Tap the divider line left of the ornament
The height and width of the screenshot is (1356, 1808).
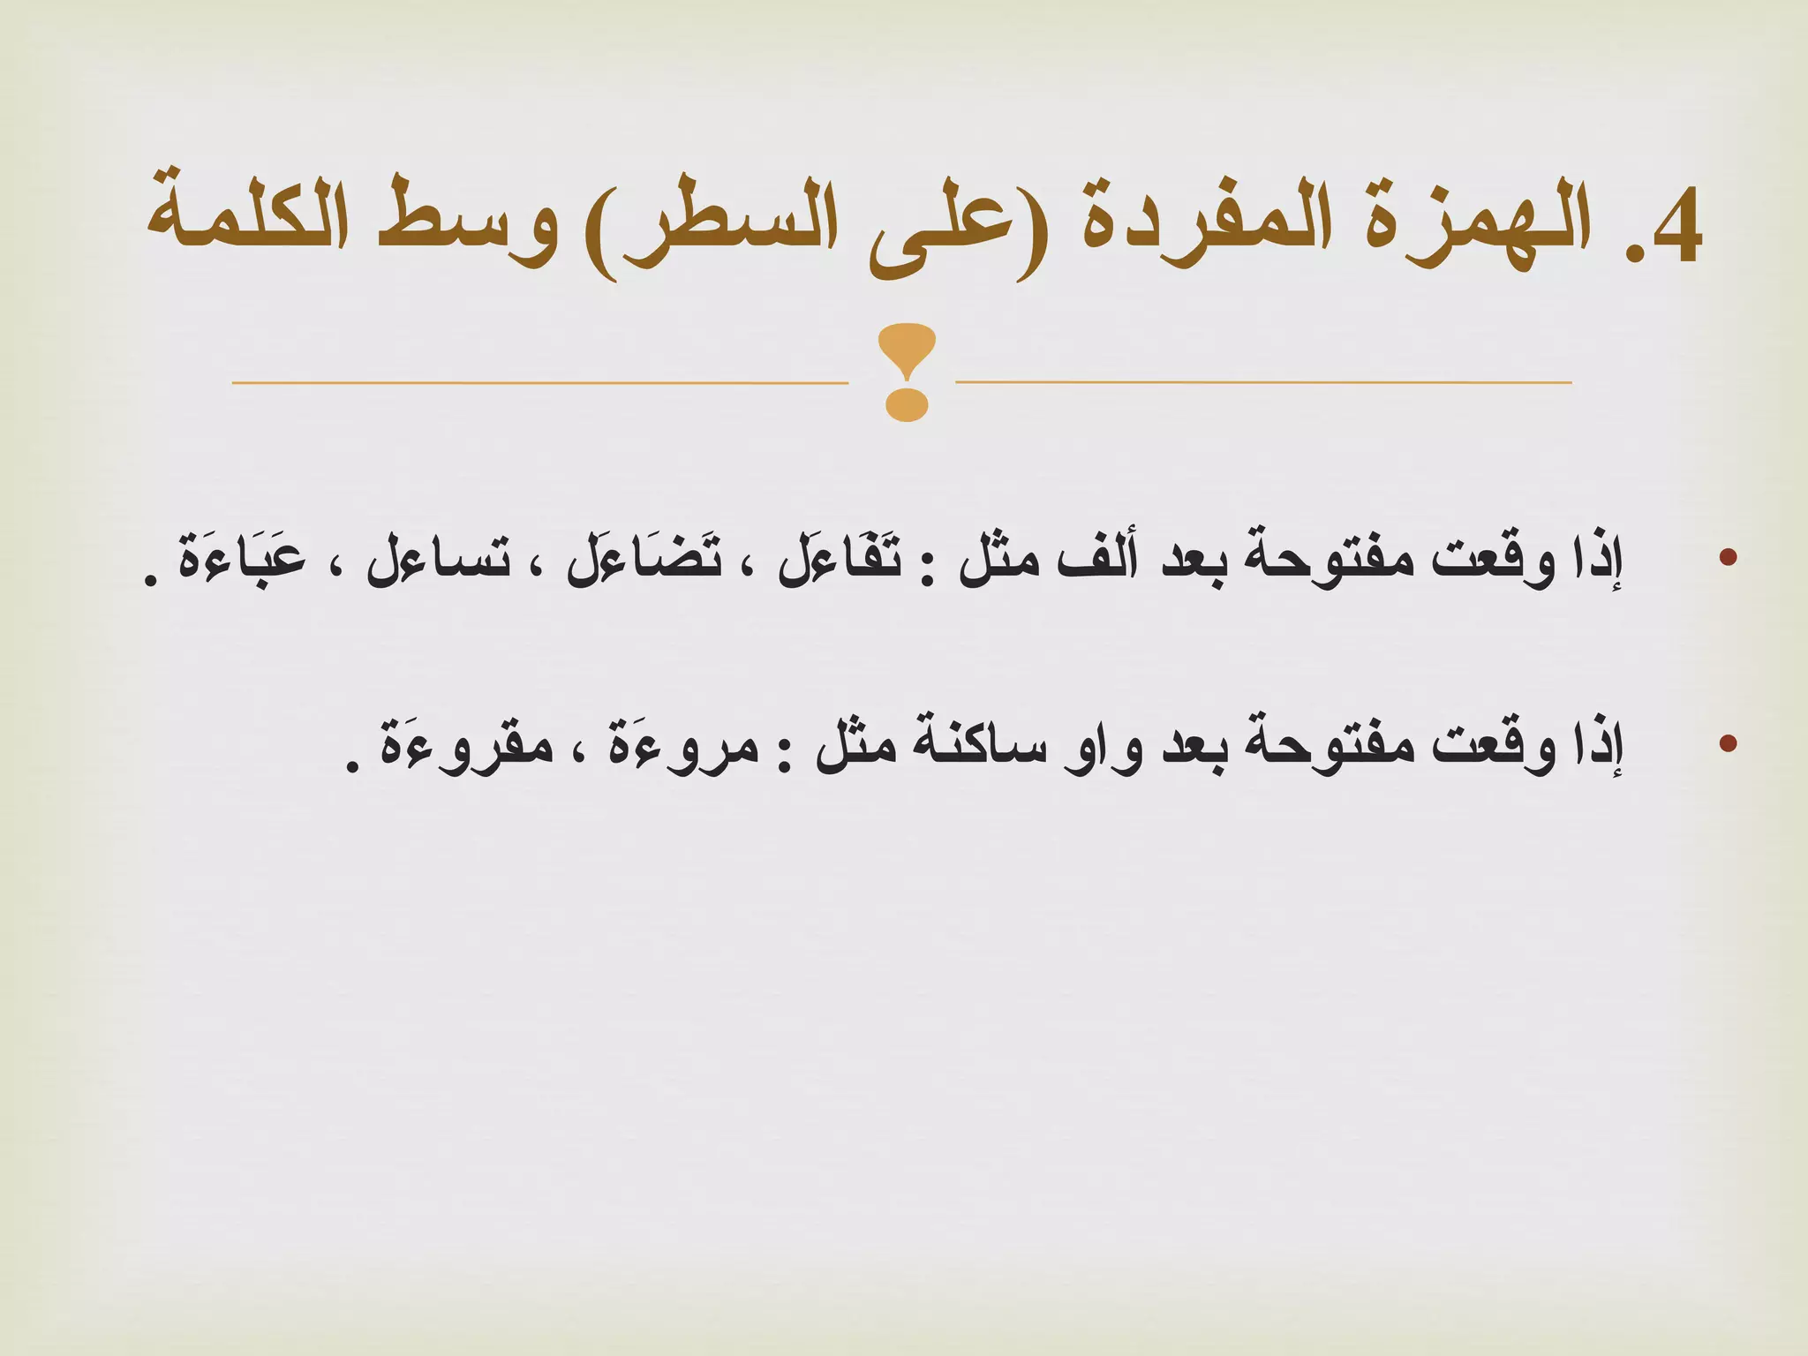[539, 383]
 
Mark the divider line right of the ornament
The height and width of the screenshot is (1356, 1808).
[1262, 382]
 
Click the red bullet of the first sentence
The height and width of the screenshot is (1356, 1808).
[1728, 557]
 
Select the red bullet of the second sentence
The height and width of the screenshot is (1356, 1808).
[1728, 743]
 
